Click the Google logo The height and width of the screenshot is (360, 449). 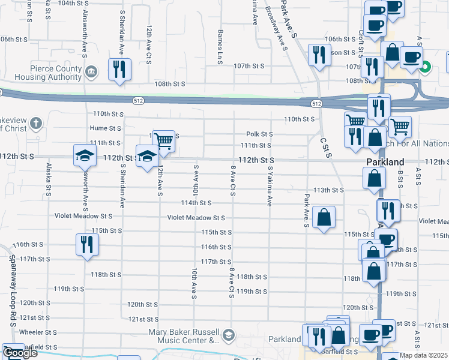click(20, 353)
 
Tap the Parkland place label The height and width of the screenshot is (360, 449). click(385, 162)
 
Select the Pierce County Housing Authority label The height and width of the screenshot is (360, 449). click(42, 73)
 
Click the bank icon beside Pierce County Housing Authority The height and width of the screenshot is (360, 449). click(91, 73)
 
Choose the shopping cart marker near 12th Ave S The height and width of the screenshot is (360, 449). click(163, 142)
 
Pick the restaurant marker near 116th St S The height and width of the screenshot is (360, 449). click(88, 244)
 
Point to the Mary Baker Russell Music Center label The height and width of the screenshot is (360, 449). click(184, 336)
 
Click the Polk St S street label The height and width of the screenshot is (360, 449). click(259, 134)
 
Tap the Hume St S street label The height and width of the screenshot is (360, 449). click(106, 128)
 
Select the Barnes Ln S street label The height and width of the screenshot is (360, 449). click(221, 46)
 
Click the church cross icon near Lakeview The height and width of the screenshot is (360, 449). click(36, 124)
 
